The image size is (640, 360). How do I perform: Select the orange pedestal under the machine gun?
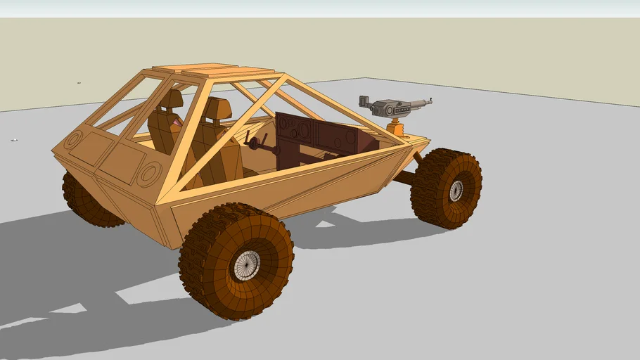click(398, 129)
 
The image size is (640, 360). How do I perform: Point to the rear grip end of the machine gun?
click(364, 100)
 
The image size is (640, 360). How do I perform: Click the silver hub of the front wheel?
click(456, 190)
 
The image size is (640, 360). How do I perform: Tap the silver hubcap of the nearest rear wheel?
click(247, 264)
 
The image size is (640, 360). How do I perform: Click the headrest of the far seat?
click(170, 99)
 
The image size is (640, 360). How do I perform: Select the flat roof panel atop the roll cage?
click(211, 70)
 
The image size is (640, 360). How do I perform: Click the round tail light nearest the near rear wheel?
click(149, 173)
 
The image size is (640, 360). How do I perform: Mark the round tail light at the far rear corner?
click(72, 140)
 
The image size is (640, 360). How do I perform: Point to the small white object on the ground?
click(13, 140)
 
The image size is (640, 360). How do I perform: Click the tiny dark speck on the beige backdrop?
click(79, 83)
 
